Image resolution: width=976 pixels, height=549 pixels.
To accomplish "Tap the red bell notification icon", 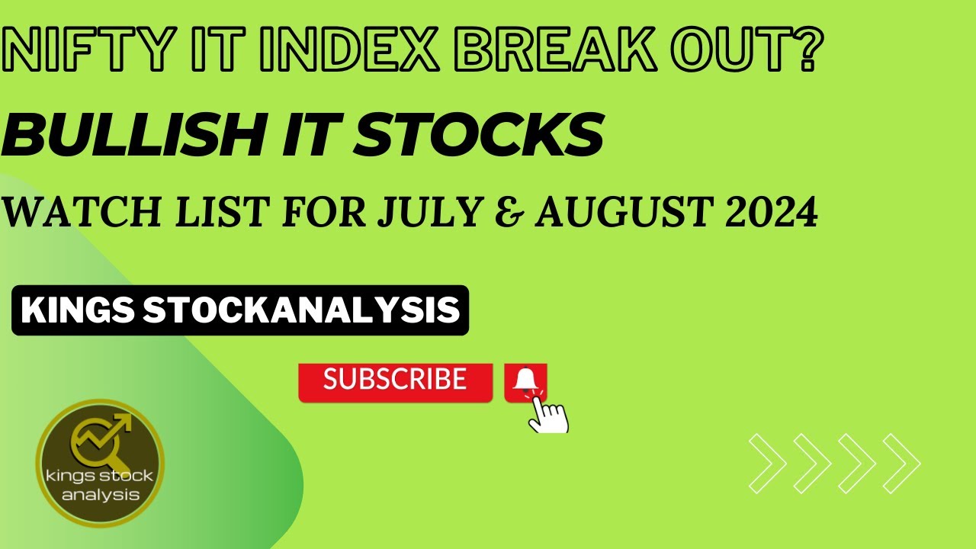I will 525,380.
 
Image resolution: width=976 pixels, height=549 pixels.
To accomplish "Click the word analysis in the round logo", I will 101,494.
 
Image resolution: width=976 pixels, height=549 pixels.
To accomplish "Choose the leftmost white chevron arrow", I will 766,462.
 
